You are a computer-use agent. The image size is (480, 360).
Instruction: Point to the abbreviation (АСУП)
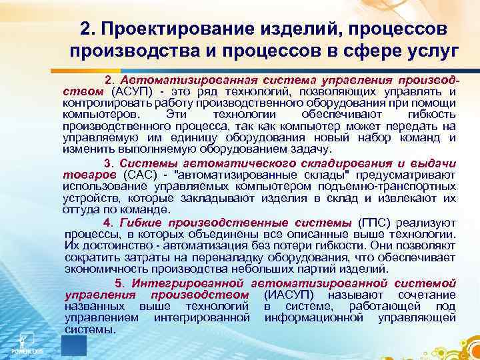(x=133, y=91)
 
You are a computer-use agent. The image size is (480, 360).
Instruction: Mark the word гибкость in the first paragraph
(x=432, y=115)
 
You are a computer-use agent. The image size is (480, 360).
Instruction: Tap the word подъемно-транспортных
(x=399, y=187)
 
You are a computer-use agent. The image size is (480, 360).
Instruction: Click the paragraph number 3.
(x=108, y=163)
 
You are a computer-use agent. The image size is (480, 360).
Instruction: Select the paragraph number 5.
(x=118, y=283)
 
